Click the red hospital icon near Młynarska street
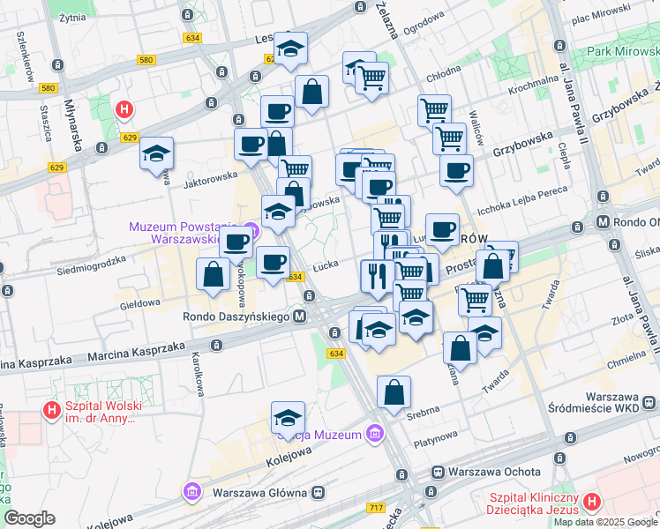click(125, 110)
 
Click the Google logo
click(29, 518)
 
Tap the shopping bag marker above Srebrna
click(394, 393)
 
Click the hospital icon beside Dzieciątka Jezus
click(591, 503)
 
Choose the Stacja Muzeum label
click(319, 434)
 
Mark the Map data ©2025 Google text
click(605, 522)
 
